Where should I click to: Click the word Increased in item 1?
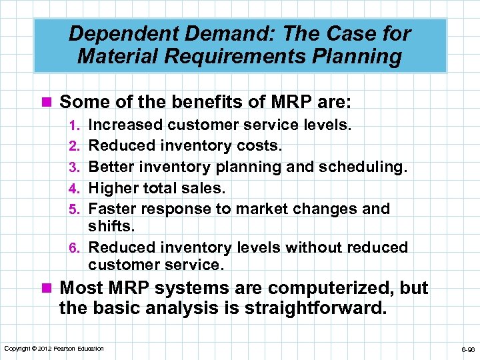pyautogui.click(x=125, y=124)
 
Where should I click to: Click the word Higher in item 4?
pyautogui.click(x=114, y=188)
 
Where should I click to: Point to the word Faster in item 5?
pyautogui.click(x=113, y=209)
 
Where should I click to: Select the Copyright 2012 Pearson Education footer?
pyautogui.click(x=54, y=348)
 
